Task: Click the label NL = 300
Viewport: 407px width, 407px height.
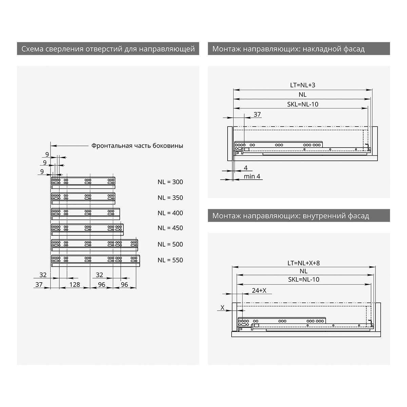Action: (170, 182)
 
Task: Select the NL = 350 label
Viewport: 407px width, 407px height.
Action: (170, 198)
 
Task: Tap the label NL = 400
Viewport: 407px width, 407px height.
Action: (170, 213)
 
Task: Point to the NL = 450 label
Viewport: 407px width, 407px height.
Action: (170, 228)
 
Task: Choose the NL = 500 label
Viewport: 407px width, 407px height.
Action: (170, 244)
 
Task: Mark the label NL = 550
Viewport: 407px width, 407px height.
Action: (170, 260)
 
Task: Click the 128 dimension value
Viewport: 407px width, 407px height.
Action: (75, 285)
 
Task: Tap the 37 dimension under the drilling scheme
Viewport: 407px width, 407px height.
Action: (39, 285)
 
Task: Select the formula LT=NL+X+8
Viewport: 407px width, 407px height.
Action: (304, 263)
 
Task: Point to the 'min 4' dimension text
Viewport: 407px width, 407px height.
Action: (252, 176)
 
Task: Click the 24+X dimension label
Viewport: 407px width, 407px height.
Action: (259, 290)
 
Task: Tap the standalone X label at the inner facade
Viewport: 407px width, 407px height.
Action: (222, 308)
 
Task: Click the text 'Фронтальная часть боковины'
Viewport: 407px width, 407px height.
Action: (137, 146)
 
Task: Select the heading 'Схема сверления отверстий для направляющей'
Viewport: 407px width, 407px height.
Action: (108, 49)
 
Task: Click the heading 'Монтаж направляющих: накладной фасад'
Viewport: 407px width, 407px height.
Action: (288, 49)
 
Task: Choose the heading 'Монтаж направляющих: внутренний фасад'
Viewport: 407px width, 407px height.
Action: (291, 216)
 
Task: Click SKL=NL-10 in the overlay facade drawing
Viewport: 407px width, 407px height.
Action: (303, 104)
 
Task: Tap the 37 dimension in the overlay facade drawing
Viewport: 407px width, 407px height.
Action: (257, 115)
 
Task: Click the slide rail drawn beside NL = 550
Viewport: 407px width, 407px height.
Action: (95, 260)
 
